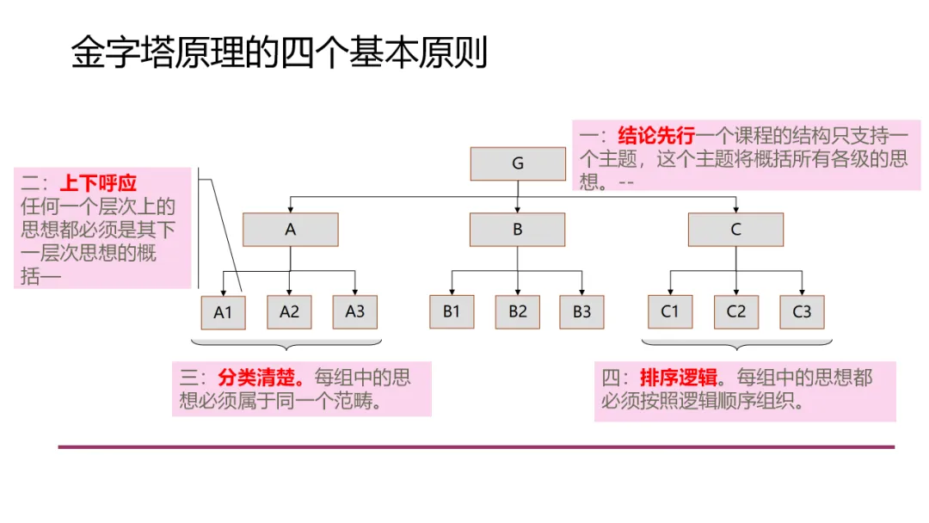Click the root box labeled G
coord(518,163)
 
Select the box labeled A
coord(291,230)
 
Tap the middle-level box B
coord(518,230)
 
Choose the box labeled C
coord(735,230)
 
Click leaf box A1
coord(223,312)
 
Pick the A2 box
coord(289,311)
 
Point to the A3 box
coord(355,311)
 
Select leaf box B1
coord(452,311)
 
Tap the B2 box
coord(518,311)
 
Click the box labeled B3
coord(582,311)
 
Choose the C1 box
coord(670,311)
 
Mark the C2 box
coord(736,311)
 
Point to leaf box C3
coord(802,311)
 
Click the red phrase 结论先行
coord(656,135)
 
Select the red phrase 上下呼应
coord(98,183)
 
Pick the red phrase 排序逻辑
coord(679,378)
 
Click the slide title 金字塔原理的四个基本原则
coord(280,52)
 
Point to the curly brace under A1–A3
coord(289,345)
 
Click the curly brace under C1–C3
coord(736,345)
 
